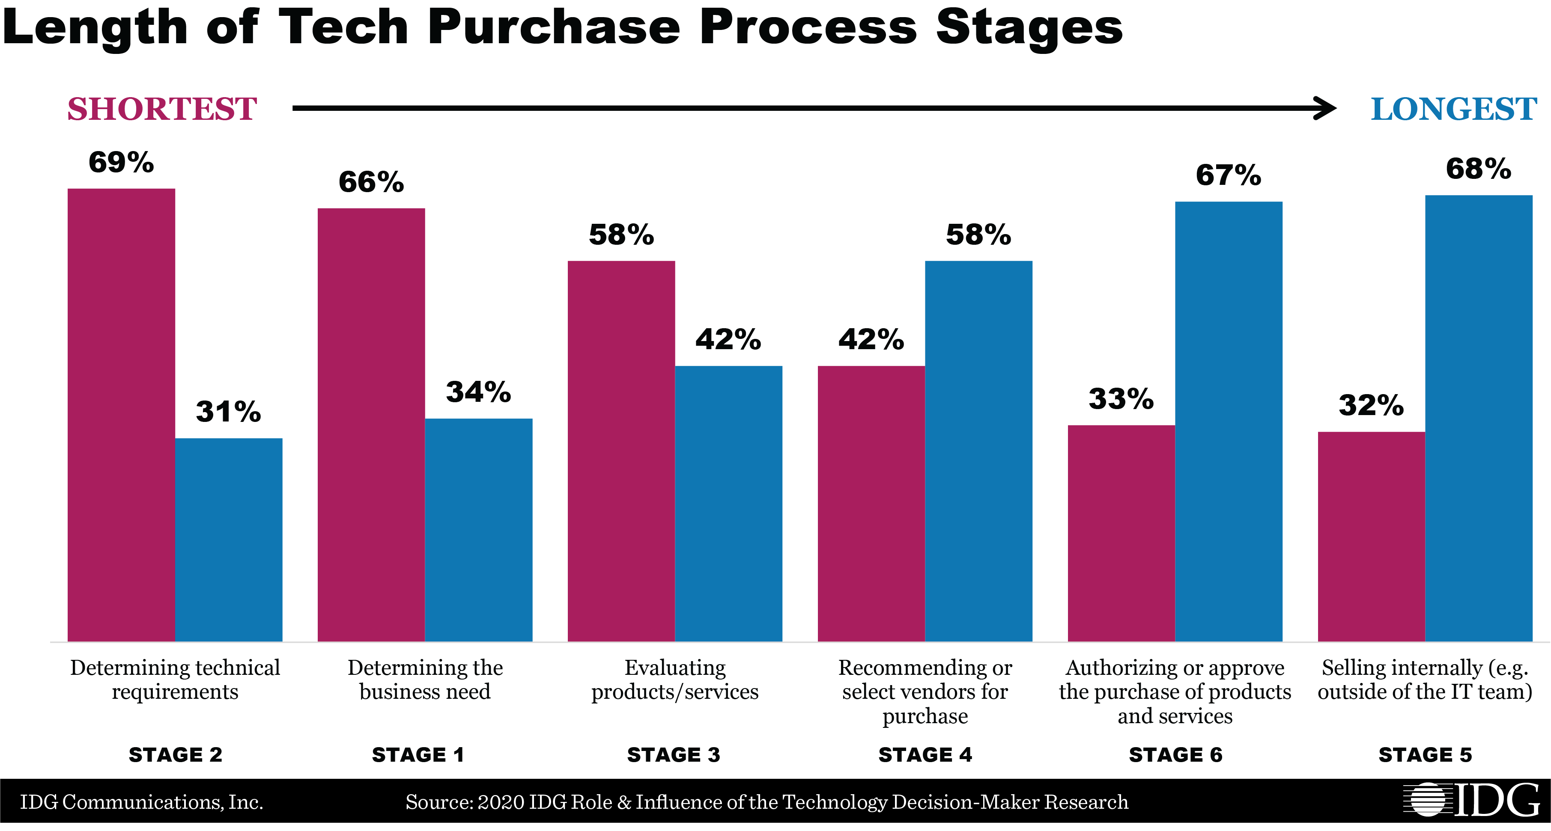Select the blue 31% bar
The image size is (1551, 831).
click(x=229, y=539)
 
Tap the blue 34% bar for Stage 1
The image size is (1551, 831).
click(x=479, y=529)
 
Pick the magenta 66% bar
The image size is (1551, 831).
click(x=371, y=424)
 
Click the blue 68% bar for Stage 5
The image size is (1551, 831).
click(x=1479, y=418)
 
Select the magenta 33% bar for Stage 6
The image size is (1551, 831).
click(x=1121, y=533)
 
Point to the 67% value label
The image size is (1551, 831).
click(x=1228, y=175)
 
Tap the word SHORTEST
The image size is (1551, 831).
click(x=162, y=109)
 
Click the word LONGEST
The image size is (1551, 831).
click(x=1453, y=109)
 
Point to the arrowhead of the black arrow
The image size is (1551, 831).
click(x=1327, y=108)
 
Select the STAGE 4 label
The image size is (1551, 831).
click(x=925, y=754)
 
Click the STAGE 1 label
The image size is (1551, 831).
click(x=418, y=754)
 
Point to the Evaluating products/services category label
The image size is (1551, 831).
click(x=674, y=680)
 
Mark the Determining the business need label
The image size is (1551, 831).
click(x=425, y=680)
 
